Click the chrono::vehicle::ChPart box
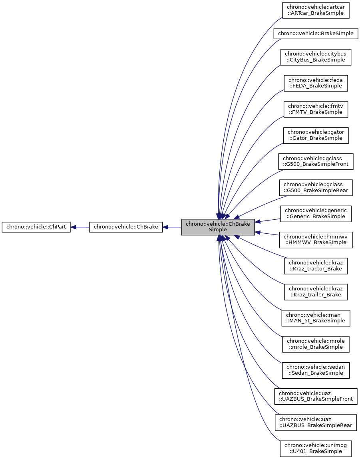point(36,227)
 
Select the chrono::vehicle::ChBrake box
point(125,227)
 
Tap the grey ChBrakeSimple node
point(218,227)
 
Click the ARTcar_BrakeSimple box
point(316,10)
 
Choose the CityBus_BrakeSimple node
point(316,57)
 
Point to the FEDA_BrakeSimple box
point(316,83)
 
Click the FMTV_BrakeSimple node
point(316,109)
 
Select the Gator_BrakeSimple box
point(316,135)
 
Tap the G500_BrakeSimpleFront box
point(316,161)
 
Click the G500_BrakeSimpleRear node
point(316,187)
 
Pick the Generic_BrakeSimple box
point(316,213)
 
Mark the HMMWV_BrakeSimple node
point(316,239)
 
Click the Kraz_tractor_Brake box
point(316,266)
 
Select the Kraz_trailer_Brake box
point(316,292)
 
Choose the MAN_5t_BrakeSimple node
point(316,318)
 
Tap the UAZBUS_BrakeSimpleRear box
point(316,422)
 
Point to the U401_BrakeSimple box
point(316,448)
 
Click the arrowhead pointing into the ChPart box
point(74,227)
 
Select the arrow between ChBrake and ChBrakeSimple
point(172,227)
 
